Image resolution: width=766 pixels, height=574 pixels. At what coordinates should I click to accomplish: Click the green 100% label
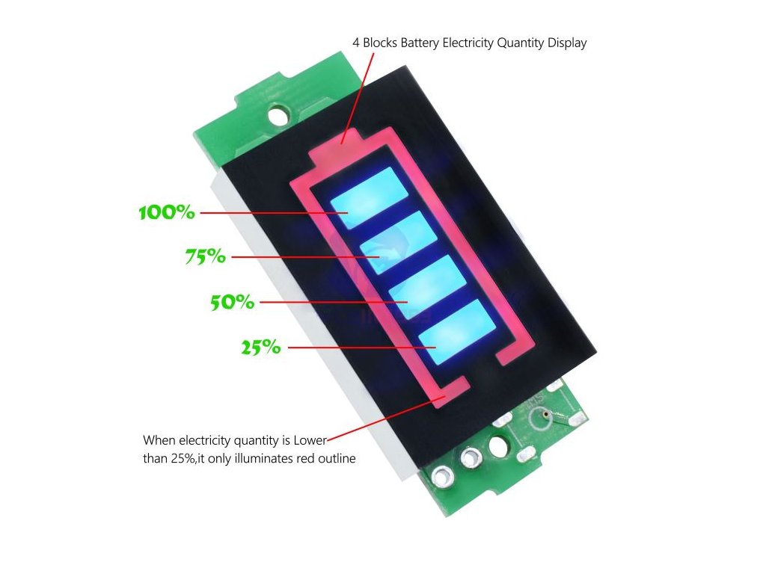167,212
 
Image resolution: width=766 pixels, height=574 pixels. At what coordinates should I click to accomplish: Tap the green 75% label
205,257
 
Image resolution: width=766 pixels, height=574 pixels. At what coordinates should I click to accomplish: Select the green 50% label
232,303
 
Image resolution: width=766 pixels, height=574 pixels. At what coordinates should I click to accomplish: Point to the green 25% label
260,348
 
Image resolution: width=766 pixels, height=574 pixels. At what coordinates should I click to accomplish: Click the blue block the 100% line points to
368,197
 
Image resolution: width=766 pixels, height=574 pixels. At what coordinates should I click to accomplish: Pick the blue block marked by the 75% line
398,240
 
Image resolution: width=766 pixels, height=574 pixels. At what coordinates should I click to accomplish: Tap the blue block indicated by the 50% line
427,285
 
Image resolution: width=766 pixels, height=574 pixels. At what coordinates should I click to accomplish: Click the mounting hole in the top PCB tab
279,115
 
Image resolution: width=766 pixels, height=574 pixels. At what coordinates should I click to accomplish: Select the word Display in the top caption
567,43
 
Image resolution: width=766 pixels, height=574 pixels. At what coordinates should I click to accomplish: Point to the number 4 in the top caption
356,43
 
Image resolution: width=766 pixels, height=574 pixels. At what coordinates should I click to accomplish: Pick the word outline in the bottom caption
336,459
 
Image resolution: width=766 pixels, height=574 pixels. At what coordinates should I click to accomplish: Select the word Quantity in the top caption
520,43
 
